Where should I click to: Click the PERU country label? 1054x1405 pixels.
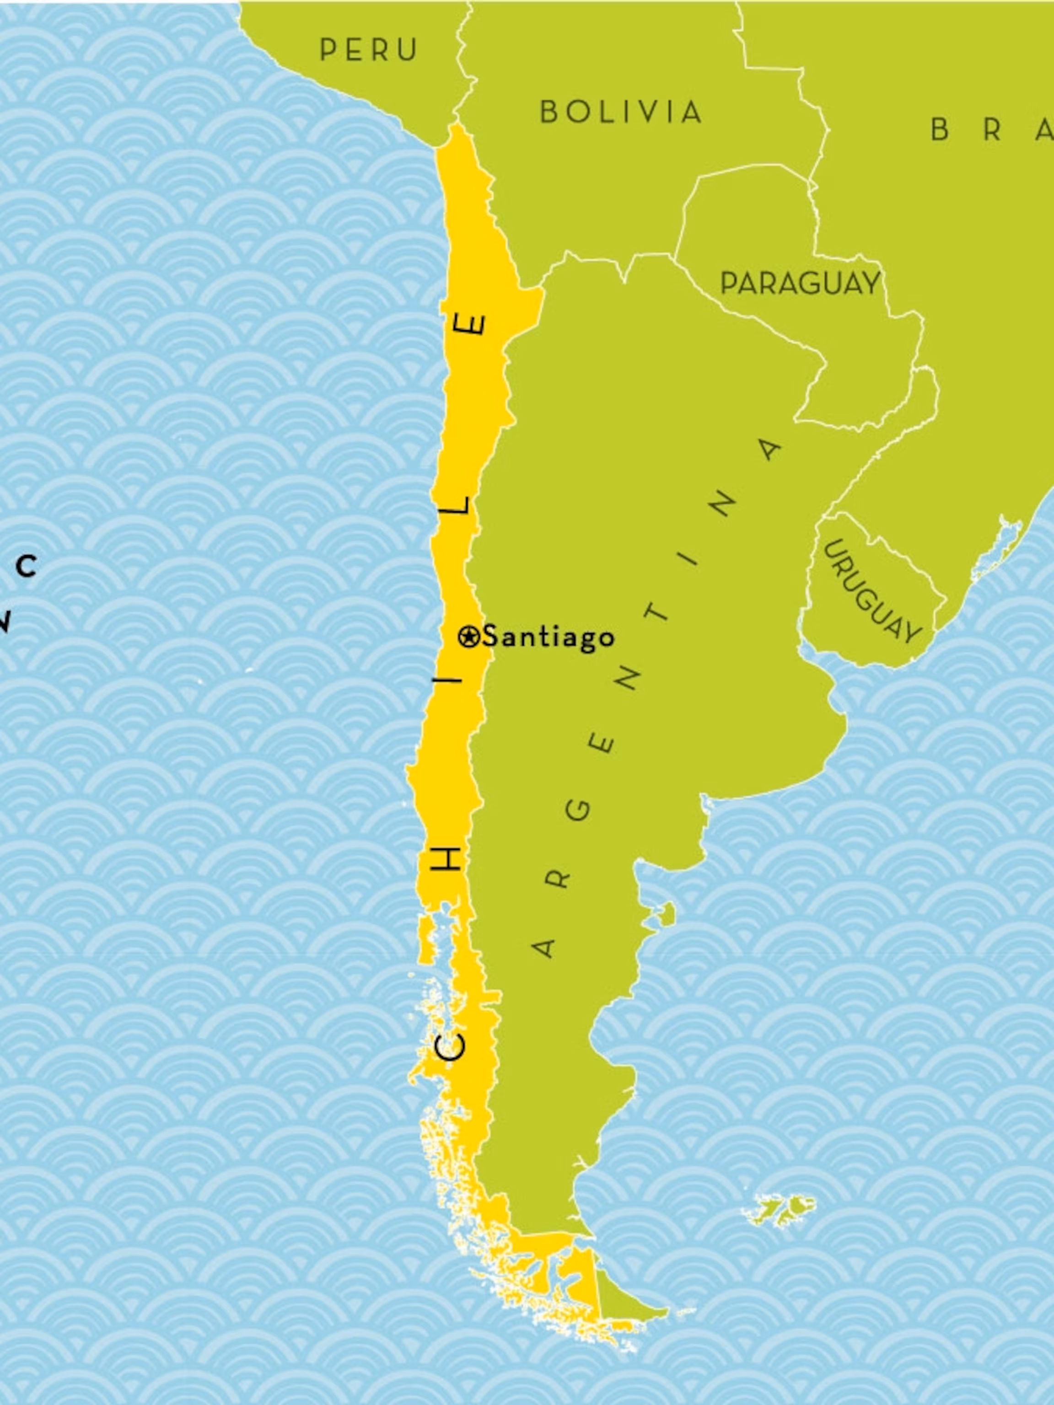point(368,50)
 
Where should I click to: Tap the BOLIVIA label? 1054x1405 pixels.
point(621,113)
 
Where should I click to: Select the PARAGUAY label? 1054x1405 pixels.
point(800,283)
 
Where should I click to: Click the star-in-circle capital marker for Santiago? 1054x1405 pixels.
point(468,637)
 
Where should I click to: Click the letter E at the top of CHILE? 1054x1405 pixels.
point(471,325)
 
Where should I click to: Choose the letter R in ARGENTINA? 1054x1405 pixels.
point(559,879)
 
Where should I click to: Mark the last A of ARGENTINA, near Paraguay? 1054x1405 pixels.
point(770,450)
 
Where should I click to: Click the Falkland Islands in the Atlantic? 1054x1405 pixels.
point(780,1209)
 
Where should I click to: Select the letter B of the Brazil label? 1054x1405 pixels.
point(940,130)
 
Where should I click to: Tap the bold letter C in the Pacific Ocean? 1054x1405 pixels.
point(26,566)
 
